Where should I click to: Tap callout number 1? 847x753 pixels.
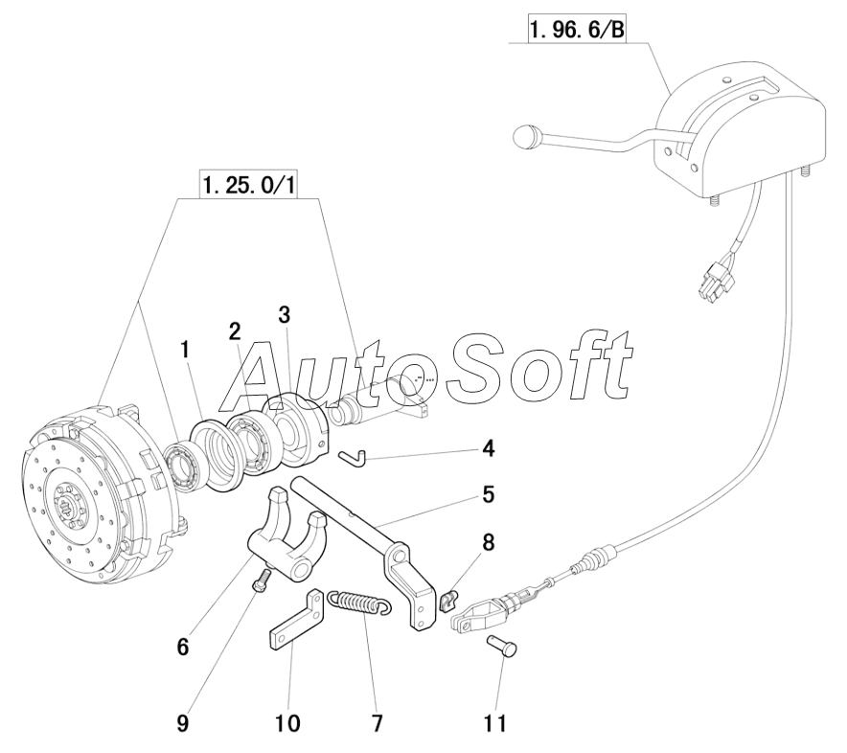(186, 352)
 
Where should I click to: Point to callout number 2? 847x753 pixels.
(235, 331)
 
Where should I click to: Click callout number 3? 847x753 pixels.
(284, 315)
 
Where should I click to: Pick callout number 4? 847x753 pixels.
(488, 447)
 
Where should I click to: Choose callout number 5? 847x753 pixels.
(487, 495)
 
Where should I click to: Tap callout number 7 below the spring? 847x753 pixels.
(376, 722)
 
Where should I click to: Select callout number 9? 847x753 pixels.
(182, 722)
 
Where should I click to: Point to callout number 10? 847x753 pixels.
(287, 722)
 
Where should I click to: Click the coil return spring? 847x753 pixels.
(358, 604)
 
